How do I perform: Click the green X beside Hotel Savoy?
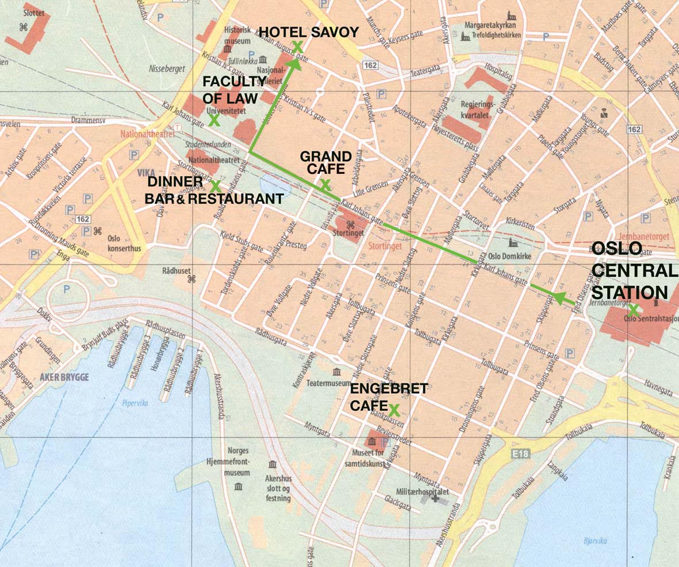click(298, 47)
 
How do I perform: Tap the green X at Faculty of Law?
click(213, 120)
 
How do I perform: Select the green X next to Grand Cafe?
click(325, 185)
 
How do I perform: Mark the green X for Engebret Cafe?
click(394, 410)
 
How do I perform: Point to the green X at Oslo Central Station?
click(633, 310)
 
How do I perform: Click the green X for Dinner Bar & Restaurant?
click(216, 186)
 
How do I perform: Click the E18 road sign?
click(519, 455)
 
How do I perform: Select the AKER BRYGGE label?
click(64, 377)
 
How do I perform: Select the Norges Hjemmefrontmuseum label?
click(229, 462)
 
